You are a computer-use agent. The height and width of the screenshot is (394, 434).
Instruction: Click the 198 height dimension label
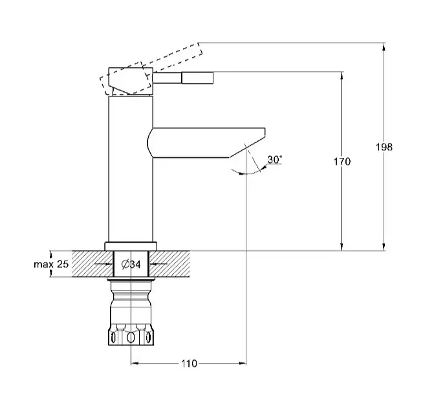point(384,147)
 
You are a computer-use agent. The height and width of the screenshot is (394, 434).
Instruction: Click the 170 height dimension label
point(342,162)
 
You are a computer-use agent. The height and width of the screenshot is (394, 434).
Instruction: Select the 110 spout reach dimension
point(189,363)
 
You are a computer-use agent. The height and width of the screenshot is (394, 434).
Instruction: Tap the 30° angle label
point(275,160)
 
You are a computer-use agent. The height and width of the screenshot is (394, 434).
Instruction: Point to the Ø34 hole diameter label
point(131,265)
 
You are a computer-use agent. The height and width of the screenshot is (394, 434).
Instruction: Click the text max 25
point(51,264)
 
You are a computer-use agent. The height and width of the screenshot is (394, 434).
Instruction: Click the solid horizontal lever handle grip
point(197,78)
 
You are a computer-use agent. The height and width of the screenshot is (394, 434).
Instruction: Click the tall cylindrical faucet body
point(131,169)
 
